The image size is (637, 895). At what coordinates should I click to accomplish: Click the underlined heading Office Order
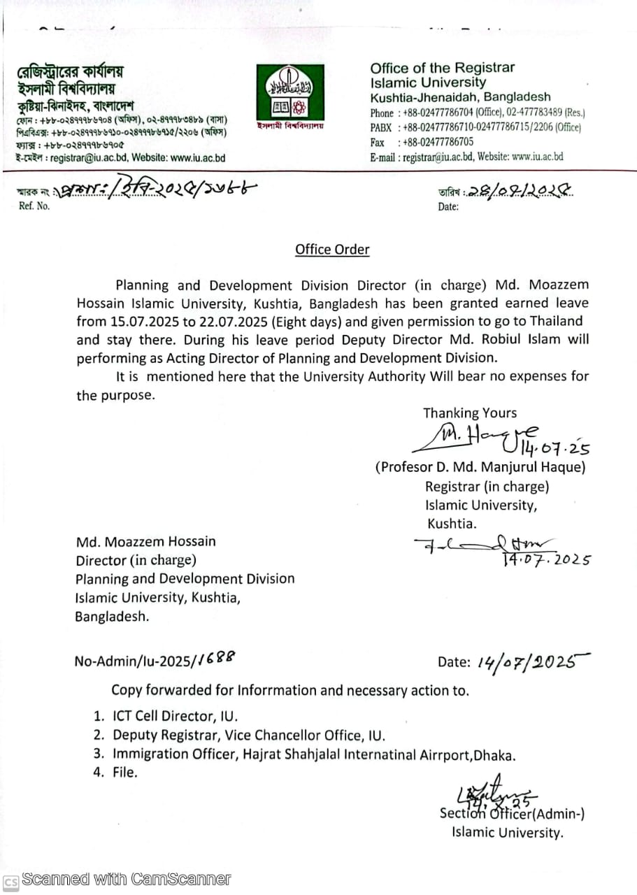(x=332, y=250)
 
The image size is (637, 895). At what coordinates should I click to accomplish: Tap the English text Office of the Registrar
(x=442, y=68)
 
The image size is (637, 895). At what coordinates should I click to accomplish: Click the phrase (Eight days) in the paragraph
(x=305, y=322)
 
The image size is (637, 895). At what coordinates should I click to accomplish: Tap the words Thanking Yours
(x=470, y=413)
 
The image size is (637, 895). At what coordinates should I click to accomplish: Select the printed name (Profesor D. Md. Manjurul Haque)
(x=480, y=467)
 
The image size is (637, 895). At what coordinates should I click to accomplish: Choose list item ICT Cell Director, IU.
(x=174, y=716)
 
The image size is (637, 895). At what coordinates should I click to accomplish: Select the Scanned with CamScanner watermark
(x=126, y=879)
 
